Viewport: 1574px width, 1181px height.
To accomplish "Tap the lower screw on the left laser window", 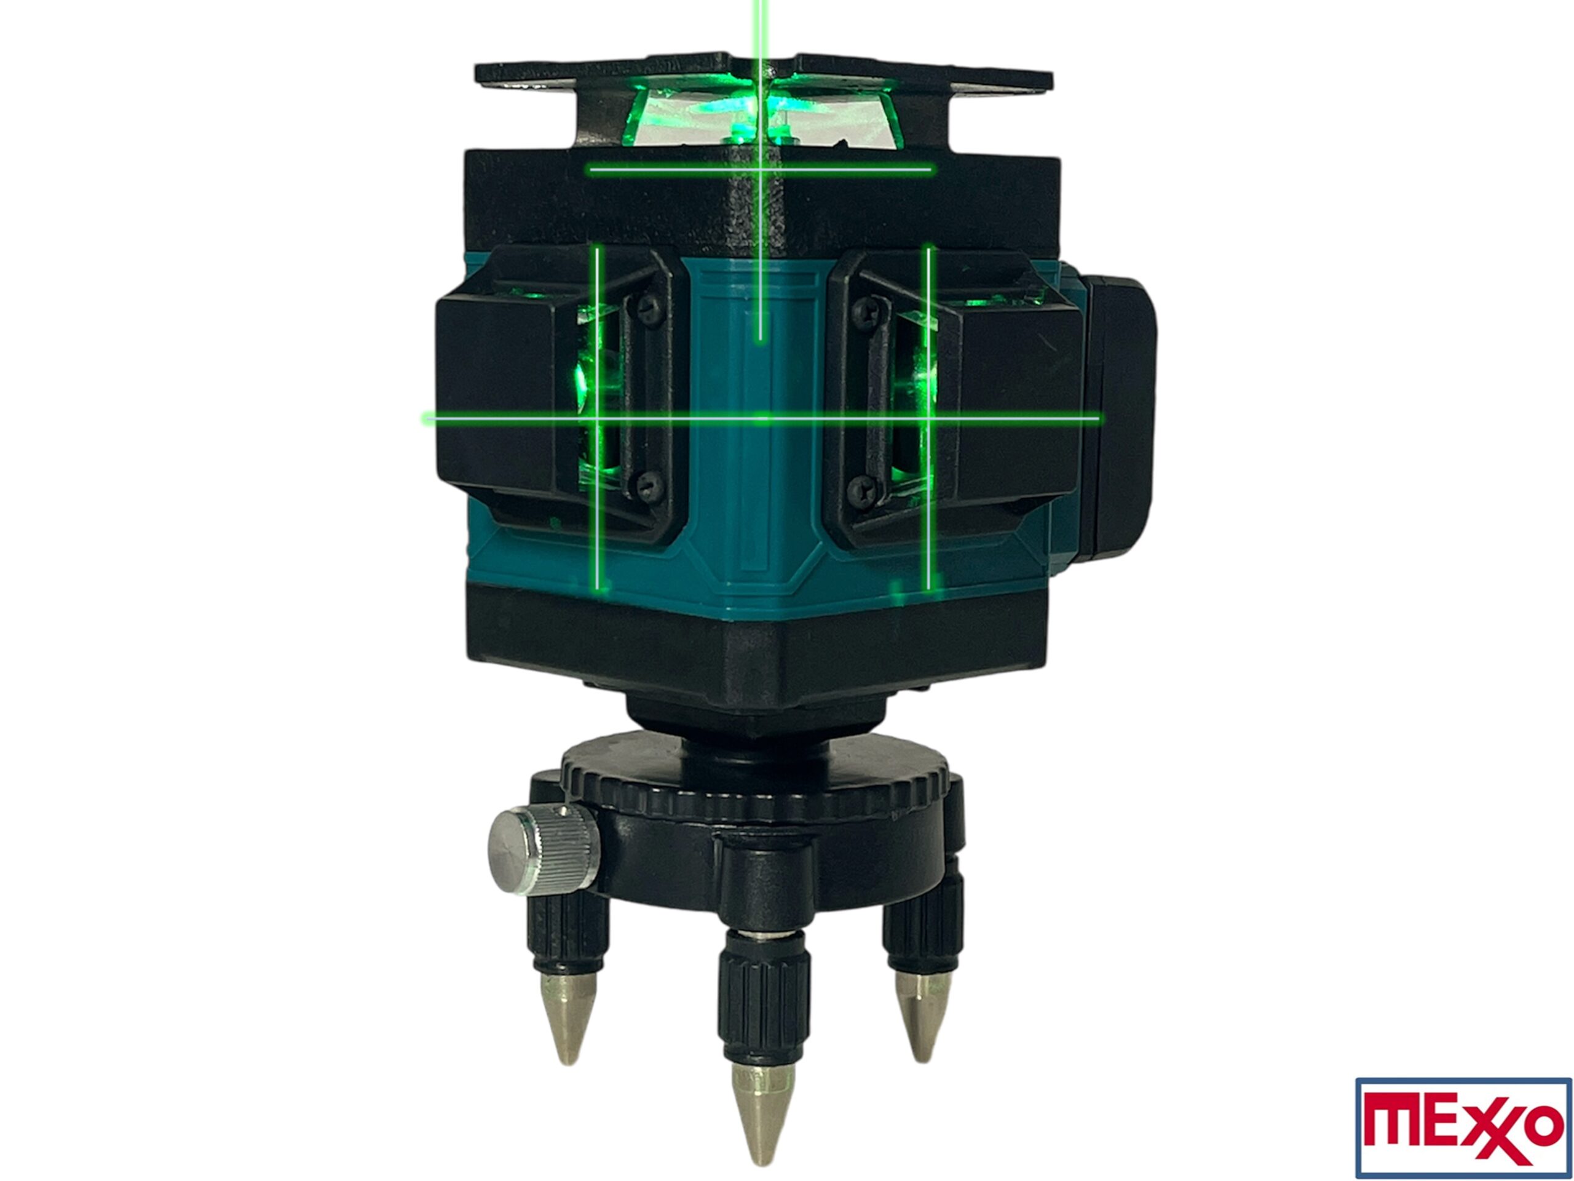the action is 646,486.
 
